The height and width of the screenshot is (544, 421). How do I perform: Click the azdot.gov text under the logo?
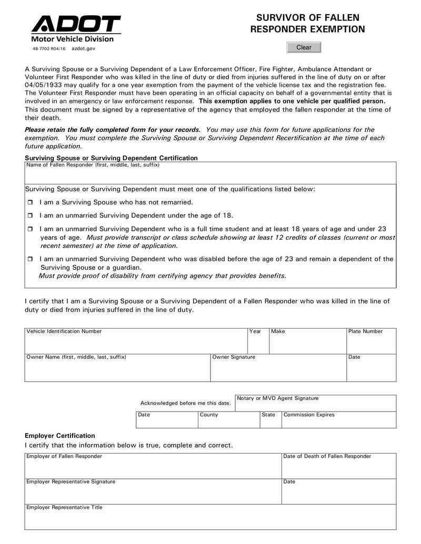click(x=83, y=48)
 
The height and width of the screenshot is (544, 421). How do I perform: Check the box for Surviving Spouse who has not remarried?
click(x=30, y=202)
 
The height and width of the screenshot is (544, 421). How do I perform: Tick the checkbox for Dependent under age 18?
click(x=30, y=215)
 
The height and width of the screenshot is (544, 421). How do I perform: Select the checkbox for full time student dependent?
click(x=30, y=229)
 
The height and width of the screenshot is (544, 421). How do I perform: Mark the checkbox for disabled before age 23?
click(x=30, y=259)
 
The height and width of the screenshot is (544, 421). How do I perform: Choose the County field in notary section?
click(x=229, y=422)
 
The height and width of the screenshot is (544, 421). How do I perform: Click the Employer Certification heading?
click(x=60, y=436)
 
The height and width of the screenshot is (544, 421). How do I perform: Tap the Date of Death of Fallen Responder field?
click(x=339, y=468)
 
